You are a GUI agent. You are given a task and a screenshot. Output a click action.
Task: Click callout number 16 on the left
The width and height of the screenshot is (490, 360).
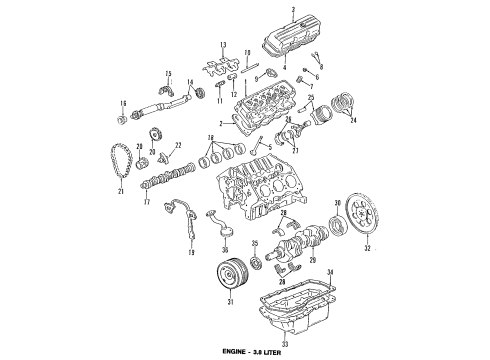pyautogui.click(x=123, y=105)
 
